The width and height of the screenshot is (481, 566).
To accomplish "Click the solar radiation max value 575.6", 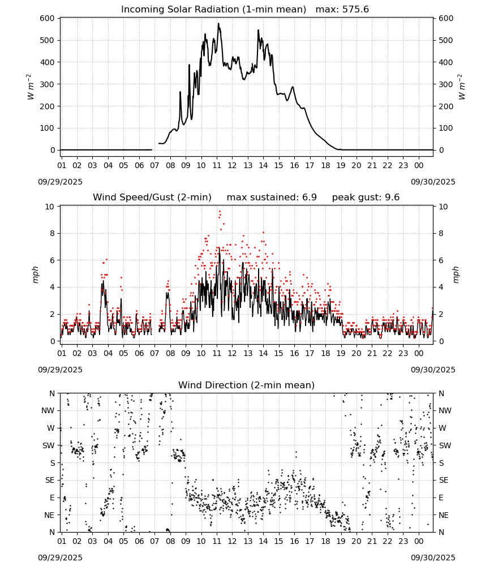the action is (x=355, y=10).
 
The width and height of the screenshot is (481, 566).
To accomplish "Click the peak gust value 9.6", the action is (x=392, y=198).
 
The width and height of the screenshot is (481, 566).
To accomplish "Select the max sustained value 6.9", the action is (x=309, y=198).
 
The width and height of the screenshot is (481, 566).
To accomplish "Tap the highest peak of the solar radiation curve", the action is (x=218, y=24).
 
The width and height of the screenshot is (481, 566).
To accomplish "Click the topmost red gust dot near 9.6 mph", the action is (x=220, y=212).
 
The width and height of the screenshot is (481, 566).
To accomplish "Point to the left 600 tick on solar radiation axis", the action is (x=48, y=19).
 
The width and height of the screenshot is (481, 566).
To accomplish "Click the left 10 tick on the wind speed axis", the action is (x=49, y=207).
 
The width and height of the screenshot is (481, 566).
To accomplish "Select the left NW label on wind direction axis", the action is (x=48, y=411).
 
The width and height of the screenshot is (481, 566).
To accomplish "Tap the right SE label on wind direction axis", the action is (x=444, y=481).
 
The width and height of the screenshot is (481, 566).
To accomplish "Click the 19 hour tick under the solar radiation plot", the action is (x=341, y=166).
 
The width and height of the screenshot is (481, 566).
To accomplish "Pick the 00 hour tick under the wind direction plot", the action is (x=419, y=542).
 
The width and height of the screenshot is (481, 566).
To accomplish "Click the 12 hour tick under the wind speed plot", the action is (x=232, y=353).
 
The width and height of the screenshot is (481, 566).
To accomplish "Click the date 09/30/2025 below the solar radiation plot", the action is (x=433, y=182).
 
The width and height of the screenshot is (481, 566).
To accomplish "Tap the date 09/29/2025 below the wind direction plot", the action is (x=60, y=558).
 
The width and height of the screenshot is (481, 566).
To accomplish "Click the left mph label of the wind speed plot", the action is (x=35, y=275).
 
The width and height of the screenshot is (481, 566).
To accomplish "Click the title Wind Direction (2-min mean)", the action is (x=247, y=385).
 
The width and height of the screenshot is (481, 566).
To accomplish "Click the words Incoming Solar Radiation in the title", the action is (x=180, y=10).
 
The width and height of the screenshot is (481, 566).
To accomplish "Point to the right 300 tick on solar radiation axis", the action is (x=446, y=84).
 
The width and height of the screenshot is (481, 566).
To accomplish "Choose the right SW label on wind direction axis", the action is (x=445, y=446).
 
